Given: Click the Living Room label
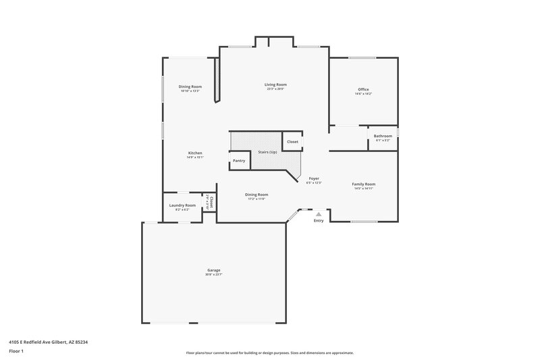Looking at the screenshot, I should click(x=275, y=84).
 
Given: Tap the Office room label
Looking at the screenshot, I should click(x=363, y=89).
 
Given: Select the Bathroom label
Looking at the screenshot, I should click(x=383, y=136).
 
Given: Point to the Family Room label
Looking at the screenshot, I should click(x=364, y=184).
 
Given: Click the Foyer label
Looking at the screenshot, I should click(x=314, y=178).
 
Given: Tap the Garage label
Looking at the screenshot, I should click(x=214, y=270).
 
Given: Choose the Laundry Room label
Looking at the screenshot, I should click(x=182, y=205).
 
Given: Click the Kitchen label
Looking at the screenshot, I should click(x=195, y=153).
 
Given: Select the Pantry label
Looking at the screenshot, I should click(x=239, y=161).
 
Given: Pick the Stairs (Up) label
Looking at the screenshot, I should click(x=267, y=152).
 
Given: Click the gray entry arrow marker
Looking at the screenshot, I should click(x=319, y=213).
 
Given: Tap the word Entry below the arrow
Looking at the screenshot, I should click(x=319, y=221).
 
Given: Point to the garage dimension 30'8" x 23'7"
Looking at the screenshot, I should click(x=214, y=275).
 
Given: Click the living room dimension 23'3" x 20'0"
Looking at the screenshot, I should click(x=275, y=89).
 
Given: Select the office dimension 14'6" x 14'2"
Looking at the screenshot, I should click(x=363, y=94).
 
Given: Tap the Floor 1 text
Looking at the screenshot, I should click(x=16, y=352).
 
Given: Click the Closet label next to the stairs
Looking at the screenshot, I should click(x=292, y=142).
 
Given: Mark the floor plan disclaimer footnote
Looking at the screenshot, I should click(x=269, y=353).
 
